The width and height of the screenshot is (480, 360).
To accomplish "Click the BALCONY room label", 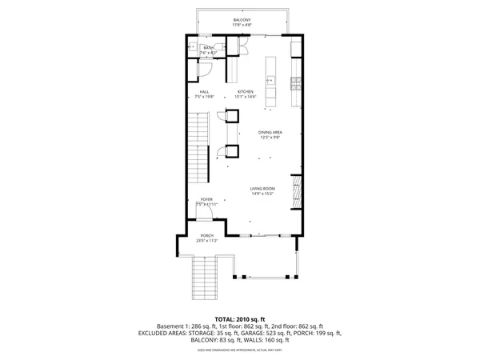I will point(242,19).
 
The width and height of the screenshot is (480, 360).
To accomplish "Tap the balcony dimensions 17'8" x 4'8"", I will point(242,25).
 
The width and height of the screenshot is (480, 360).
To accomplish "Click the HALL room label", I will point(205,92).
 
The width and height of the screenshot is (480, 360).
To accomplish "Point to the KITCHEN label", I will point(246,92).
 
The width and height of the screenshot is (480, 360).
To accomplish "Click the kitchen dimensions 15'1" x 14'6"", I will point(246,98).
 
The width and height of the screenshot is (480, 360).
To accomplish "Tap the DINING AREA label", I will point(270,132).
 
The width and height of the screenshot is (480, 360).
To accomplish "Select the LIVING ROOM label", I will point(262,189).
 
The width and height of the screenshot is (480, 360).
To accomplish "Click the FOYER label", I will point(206,198).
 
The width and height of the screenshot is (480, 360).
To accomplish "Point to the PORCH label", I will point(206,235).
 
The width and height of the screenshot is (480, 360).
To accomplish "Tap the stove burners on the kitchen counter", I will point(296,82).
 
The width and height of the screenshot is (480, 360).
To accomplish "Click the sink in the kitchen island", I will point(270,81).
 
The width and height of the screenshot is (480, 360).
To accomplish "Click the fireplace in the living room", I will point(296,192).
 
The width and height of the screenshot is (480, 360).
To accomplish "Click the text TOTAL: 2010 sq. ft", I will point(240,320).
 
